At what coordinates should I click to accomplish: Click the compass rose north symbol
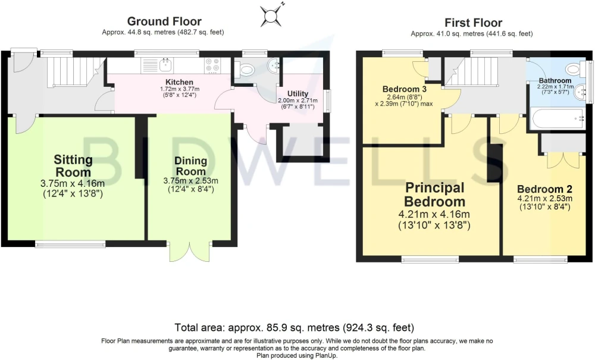[x=271, y=15]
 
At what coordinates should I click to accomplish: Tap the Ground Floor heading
[x=164, y=21]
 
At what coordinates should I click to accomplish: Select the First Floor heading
[x=473, y=23]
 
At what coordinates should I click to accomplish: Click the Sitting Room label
[x=73, y=166]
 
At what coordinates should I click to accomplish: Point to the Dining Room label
[x=190, y=166]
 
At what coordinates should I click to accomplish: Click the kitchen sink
[x=165, y=65]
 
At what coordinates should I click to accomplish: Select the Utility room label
[x=297, y=93]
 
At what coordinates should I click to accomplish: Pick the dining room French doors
[x=189, y=251]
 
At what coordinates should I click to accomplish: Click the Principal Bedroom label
[x=434, y=194]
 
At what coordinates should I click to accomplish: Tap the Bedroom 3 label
[x=405, y=89]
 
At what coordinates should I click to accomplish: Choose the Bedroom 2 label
[x=544, y=189]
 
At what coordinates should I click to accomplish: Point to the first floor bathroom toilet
[x=575, y=70]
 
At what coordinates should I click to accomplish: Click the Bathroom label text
[x=555, y=80]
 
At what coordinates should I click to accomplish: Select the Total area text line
[x=294, y=327]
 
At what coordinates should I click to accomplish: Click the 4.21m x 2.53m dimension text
[x=544, y=198]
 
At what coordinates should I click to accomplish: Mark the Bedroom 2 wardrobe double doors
[x=563, y=161]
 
